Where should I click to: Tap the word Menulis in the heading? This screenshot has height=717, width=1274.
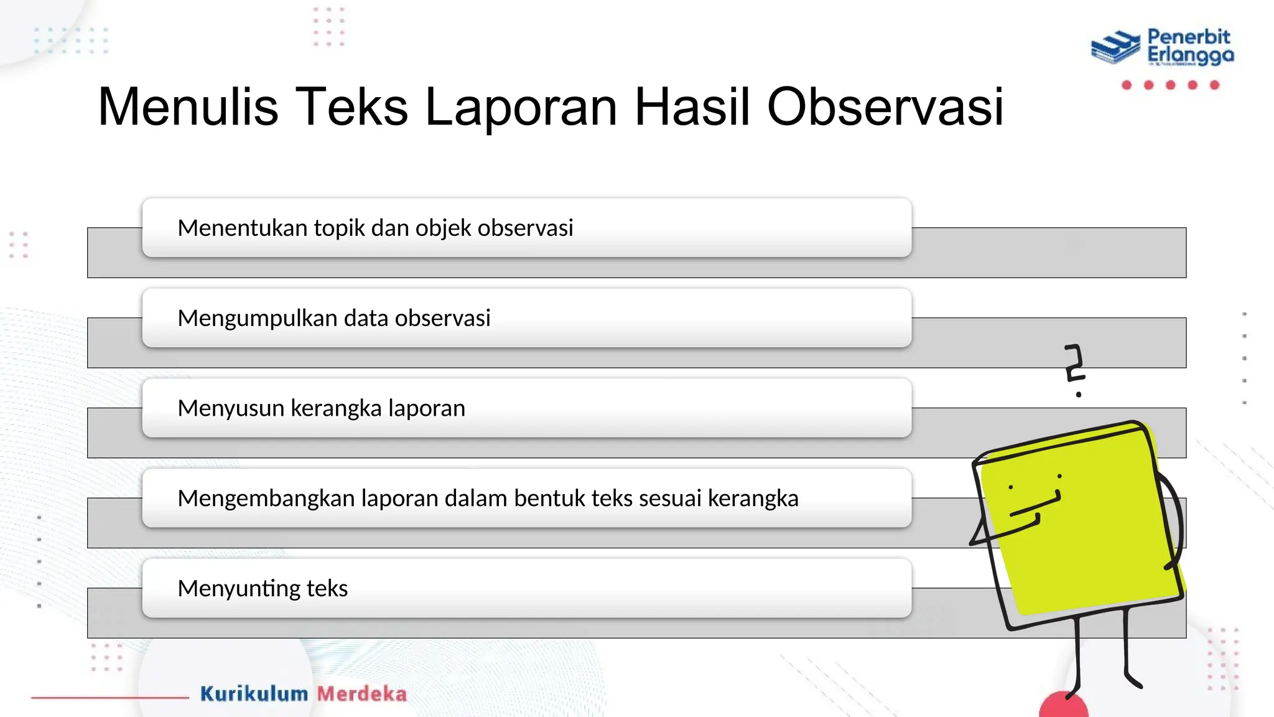(187, 107)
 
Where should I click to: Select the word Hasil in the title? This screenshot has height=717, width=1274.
(692, 107)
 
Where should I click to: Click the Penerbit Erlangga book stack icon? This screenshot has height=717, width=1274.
(1115, 47)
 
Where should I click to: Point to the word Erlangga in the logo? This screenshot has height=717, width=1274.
(1190, 56)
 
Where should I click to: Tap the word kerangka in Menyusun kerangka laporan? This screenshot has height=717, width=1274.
(336, 408)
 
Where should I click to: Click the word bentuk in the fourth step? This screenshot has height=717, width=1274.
(549, 498)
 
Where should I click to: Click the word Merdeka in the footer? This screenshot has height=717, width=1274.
(362, 694)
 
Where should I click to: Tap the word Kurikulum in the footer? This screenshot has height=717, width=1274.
(254, 694)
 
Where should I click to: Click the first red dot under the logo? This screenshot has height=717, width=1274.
(1127, 85)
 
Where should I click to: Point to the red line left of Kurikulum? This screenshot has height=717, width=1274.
(109, 698)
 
